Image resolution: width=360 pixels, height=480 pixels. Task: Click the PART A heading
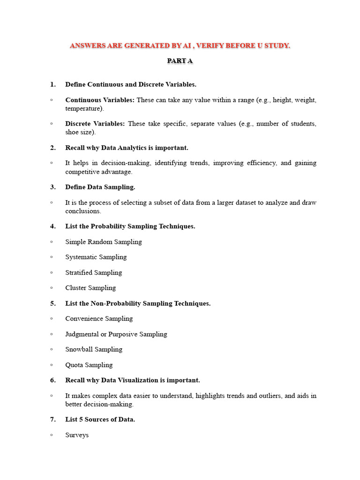[x=180, y=61]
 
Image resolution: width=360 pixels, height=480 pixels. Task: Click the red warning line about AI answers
[x=180, y=45]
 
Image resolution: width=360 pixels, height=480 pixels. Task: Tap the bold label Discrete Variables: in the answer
[x=95, y=124]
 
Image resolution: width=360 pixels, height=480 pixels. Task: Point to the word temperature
[x=84, y=108]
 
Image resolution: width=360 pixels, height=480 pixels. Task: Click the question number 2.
[x=53, y=148]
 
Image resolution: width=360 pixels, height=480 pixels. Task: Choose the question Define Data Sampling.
[x=100, y=187]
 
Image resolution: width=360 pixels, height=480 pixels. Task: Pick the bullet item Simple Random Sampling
[x=104, y=242]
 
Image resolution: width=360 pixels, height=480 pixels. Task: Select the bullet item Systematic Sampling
[x=96, y=257]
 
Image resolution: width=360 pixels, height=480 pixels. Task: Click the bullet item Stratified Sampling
[x=94, y=272]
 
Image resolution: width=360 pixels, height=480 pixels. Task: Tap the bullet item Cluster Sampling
[x=90, y=288]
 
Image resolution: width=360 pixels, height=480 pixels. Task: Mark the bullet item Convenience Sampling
[x=99, y=319]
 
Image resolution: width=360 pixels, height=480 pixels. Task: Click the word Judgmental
[x=82, y=334]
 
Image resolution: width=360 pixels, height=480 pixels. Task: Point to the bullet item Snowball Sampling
[x=94, y=349]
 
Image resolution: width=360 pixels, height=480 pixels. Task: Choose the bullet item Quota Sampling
[x=89, y=365]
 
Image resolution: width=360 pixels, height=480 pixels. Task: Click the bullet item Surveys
[x=77, y=435]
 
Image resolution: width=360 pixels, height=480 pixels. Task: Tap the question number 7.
[x=53, y=420]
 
